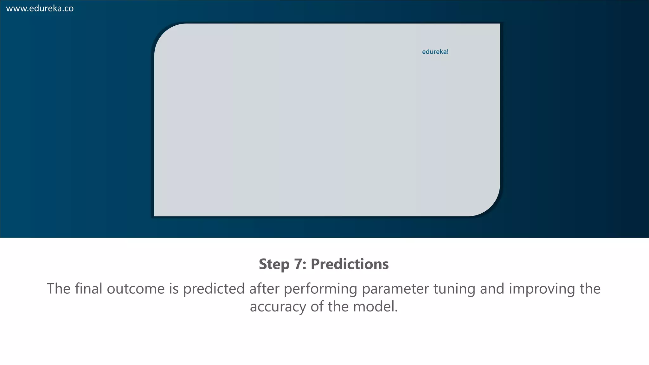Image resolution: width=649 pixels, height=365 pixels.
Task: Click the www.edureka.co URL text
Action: [x=40, y=9]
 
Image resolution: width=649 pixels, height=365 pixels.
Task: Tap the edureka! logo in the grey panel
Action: [x=435, y=52]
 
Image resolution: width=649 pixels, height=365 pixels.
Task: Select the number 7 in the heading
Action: [x=299, y=264]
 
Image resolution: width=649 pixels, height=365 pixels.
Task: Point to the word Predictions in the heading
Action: [x=350, y=264]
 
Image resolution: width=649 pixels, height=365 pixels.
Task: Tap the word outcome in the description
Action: [x=136, y=289]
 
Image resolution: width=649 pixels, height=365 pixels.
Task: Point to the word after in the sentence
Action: [x=264, y=289]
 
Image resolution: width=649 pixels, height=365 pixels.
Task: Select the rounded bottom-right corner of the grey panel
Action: [x=490, y=206]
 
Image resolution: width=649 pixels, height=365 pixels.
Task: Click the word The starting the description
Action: [x=59, y=289]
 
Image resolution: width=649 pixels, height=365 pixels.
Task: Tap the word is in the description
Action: [x=174, y=289]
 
